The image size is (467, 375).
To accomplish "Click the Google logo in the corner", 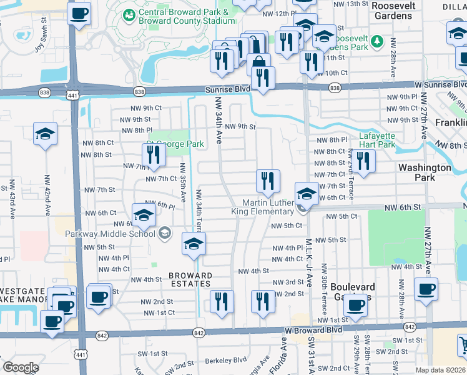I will click(x=21, y=367).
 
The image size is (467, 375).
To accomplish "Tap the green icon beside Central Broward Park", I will click(x=129, y=14).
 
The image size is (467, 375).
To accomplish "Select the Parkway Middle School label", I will click(x=110, y=234).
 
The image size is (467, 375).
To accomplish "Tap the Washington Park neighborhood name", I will click(x=425, y=172).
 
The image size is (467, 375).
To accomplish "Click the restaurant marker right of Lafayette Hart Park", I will click(x=363, y=161).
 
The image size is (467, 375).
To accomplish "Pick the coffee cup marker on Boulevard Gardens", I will click(x=356, y=306).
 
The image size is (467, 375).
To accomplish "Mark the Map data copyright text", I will click(x=440, y=370).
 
